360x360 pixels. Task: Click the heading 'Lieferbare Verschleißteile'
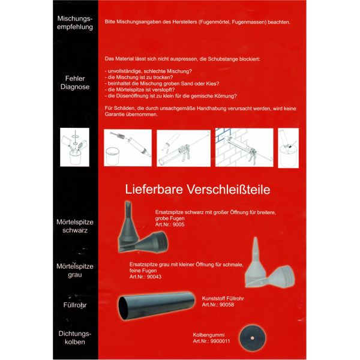point(197,189)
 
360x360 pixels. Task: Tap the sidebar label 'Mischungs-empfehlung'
point(74,22)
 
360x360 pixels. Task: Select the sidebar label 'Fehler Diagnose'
point(74,82)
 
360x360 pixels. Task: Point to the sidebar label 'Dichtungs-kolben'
point(74,337)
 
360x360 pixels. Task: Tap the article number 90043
point(154,277)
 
